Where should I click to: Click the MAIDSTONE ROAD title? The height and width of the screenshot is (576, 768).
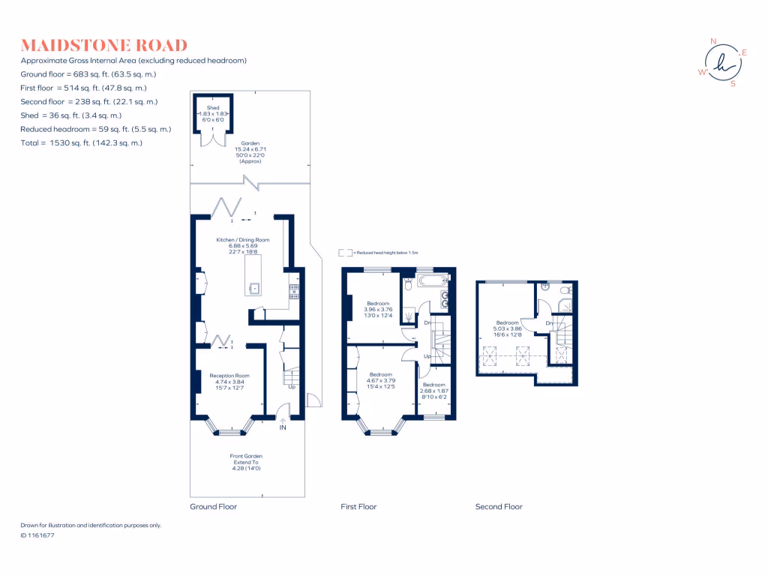[104, 46]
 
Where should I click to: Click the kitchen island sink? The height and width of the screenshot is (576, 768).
[254, 286]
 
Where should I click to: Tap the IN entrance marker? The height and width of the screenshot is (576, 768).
[283, 427]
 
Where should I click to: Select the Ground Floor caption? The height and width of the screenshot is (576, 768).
[213, 507]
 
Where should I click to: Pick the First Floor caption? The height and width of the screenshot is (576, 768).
[358, 507]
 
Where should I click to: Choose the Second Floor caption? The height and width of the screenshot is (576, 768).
[499, 507]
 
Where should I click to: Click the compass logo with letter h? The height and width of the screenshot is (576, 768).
[723, 62]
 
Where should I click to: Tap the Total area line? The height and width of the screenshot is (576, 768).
[82, 142]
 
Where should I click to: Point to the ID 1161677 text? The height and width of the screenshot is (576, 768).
[37, 535]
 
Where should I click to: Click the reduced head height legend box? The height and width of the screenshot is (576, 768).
[345, 253]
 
